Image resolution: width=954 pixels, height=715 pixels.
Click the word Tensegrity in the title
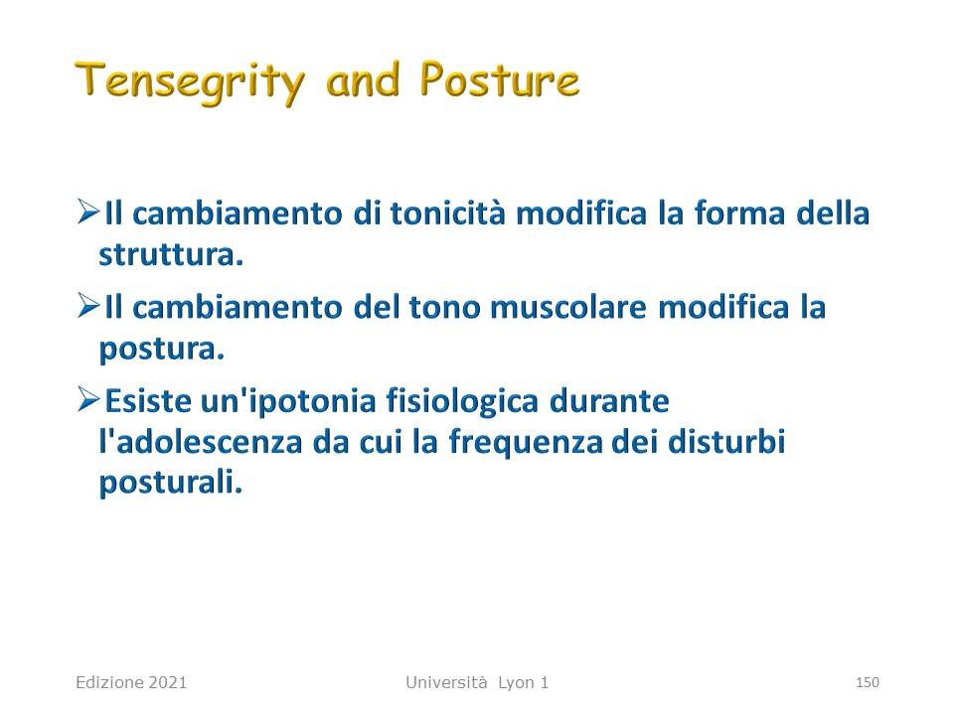click(190, 82)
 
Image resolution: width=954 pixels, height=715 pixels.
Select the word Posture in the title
click(500, 79)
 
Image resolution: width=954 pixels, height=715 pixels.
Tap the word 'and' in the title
click(364, 79)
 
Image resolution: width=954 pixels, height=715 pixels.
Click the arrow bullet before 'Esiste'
click(88, 400)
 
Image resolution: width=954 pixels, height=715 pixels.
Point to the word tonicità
click(448, 214)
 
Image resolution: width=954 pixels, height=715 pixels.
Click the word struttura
click(171, 255)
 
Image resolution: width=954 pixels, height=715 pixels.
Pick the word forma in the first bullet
click(739, 213)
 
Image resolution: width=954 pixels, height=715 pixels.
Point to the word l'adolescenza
click(201, 442)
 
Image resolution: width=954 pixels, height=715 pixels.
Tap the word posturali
click(171, 484)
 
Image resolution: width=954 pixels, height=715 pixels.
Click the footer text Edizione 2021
click(131, 683)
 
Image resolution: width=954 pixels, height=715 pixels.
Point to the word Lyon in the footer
click(517, 683)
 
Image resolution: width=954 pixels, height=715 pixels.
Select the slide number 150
click(867, 683)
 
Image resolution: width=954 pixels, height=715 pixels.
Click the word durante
click(609, 401)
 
